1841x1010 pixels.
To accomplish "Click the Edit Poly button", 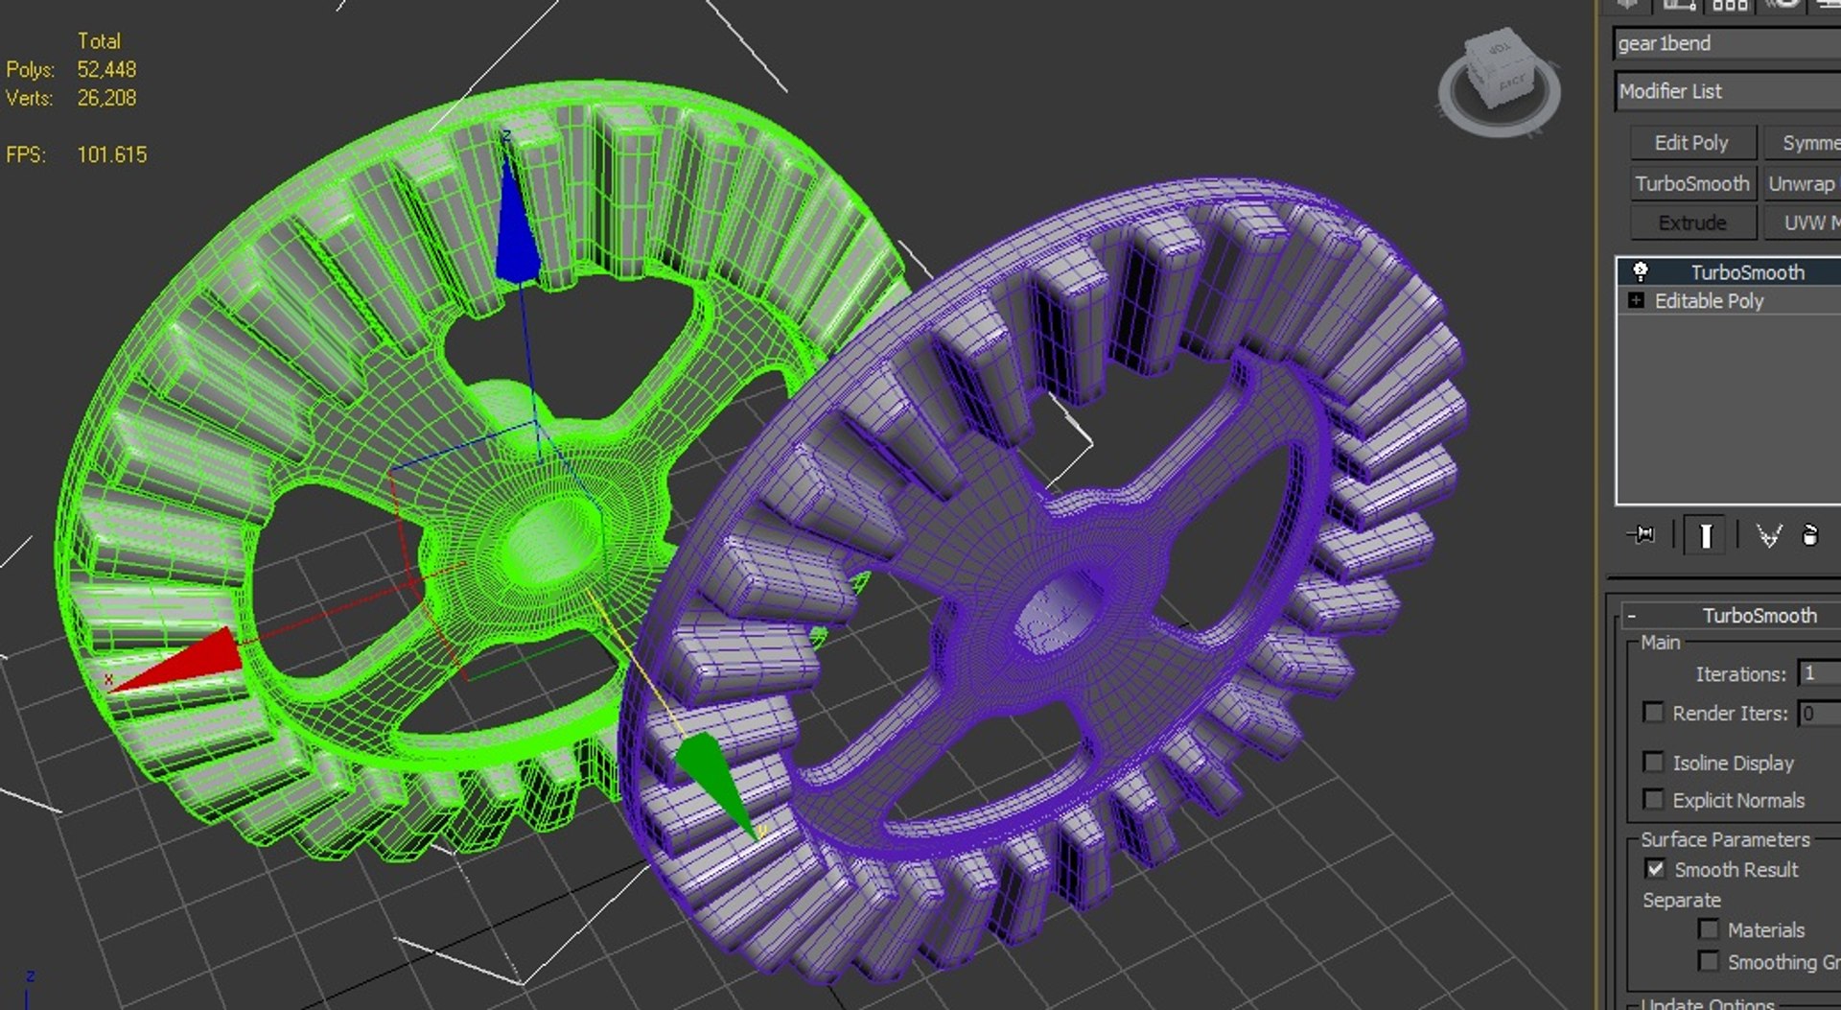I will pyautogui.click(x=1691, y=143).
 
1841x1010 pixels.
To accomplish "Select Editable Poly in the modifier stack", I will pyautogui.click(x=1709, y=301).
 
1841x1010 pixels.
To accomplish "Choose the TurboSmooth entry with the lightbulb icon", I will pyautogui.click(x=1746, y=272).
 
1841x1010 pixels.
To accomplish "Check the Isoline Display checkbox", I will pyautogui.click(x=1653, y=763).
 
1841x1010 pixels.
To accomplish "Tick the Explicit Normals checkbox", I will pyautogui.click(x=1653, y=799).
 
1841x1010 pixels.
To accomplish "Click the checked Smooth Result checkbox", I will pyautogui.click(x=1655, y=869).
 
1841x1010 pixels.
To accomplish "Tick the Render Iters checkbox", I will pyautogui.click(x=1653, y=713).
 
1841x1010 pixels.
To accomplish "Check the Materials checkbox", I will pyautogui.click(x=1708, y=928).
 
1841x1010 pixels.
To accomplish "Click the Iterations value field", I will pyautogui.click(x=1818, y=673).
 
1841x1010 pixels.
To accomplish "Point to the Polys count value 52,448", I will pyautogui.click(x=106, y=70).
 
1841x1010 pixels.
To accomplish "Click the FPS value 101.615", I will pyautogui.click(x=112, y=154).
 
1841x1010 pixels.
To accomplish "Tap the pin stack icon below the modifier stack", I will pyautogui.click(x=1642, y=534).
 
